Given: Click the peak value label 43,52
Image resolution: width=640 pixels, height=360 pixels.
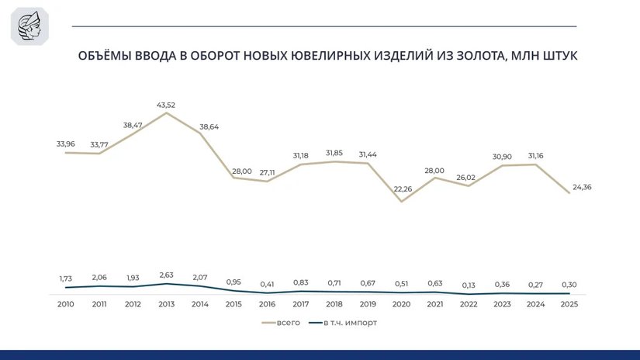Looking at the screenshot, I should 166,105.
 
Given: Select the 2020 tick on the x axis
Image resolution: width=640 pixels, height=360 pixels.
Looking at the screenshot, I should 402,304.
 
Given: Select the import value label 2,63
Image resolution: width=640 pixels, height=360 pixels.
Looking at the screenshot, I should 166,274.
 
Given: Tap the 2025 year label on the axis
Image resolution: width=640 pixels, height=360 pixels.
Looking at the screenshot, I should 570,304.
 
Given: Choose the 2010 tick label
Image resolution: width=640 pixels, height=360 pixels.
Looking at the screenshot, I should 65,304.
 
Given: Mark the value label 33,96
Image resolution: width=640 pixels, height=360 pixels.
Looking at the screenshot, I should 65,143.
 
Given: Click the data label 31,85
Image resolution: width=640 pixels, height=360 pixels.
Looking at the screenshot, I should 334,152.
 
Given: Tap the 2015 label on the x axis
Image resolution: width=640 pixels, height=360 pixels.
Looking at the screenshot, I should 234,304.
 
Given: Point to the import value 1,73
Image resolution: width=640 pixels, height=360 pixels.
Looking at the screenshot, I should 65,278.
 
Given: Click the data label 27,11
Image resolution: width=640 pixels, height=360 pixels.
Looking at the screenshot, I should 267,172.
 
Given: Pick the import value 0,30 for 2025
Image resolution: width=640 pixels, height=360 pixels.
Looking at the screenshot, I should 570,284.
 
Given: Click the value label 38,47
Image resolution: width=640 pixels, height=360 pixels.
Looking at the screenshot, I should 133,124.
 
